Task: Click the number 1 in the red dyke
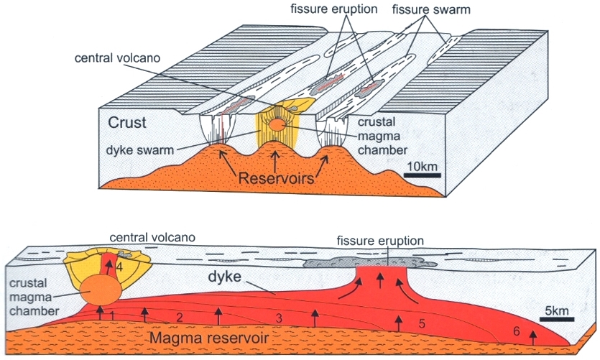click(x=113, y=315)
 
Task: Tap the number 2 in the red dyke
click(x=180, y=317)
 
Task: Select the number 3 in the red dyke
click(x=277, y=317)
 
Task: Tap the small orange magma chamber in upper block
click(x=276, y=126)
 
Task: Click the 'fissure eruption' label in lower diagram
click(x=382, y=240)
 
